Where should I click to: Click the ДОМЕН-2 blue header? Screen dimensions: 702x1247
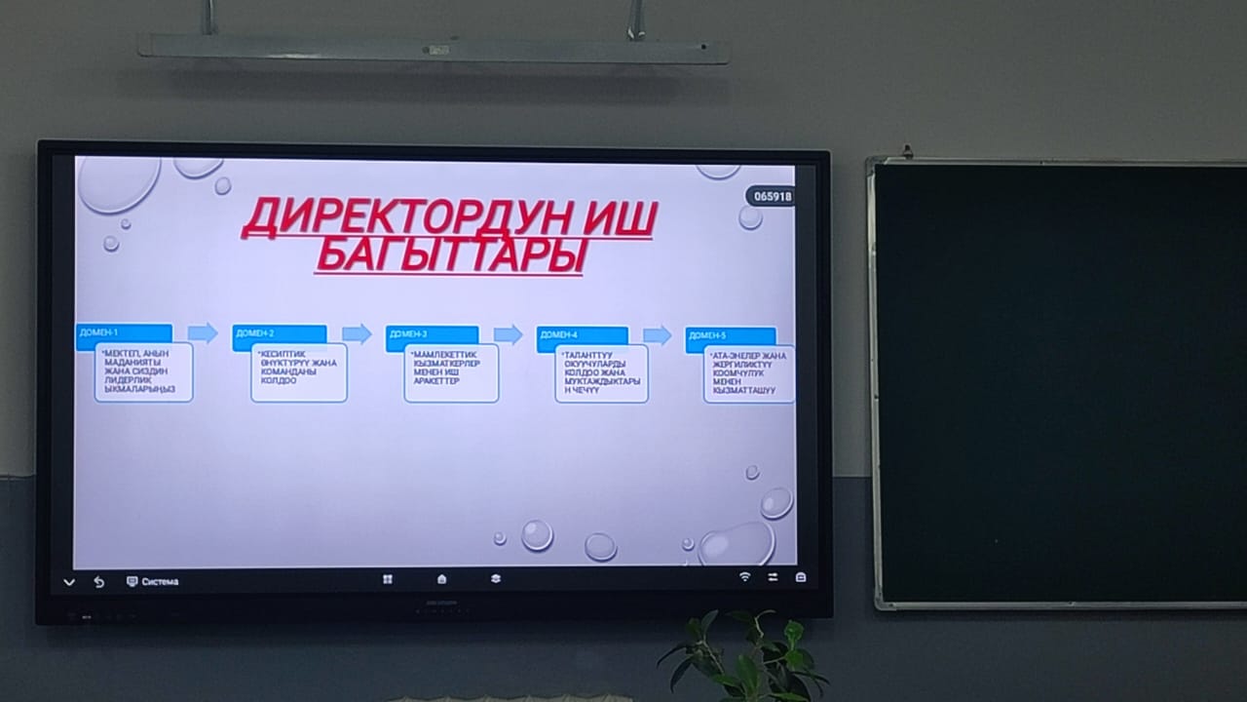tap(279, 334)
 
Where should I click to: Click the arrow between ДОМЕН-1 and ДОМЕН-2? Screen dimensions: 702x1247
tap(202, 332)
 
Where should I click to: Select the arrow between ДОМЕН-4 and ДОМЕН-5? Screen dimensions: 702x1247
tap(658, 335)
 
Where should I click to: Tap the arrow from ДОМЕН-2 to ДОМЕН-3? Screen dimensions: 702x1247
tap(357, 333)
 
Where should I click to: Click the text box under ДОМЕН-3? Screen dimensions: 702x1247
tap(451, 372)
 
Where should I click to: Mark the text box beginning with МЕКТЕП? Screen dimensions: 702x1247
tap(143, 371)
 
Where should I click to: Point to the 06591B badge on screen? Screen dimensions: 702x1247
tap(770, 196)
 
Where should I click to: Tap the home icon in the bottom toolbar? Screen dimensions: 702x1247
tap(441, 579)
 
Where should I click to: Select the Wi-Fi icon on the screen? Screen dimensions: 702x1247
tap(744, 577)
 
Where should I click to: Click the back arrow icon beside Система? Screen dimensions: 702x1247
tap(98, 582)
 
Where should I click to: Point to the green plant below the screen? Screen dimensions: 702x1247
tap(745, 655)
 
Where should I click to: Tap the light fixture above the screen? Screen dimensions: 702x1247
tap(433, 49)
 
